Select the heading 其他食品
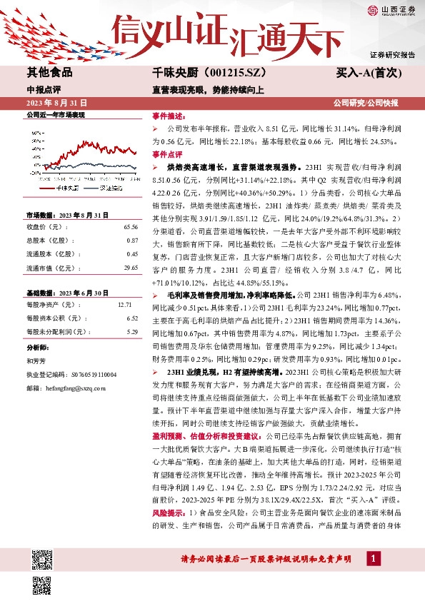pyautogui.click(x=49, y=72)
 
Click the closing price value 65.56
pyautogui.click(x=130, y=226)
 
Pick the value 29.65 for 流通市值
pyautogui.click(x=130, y=267)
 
